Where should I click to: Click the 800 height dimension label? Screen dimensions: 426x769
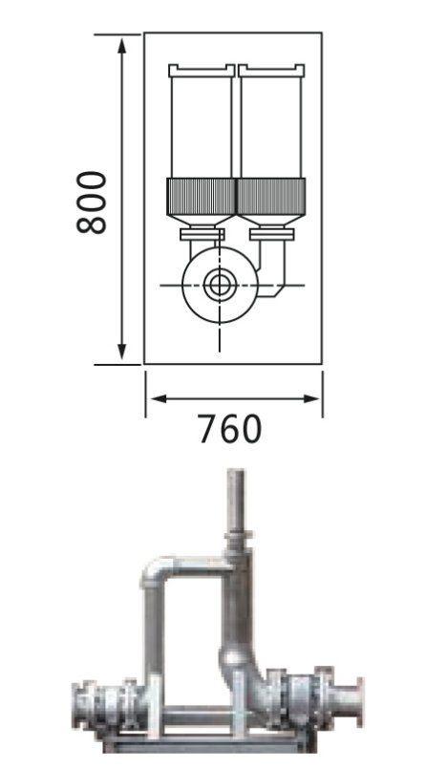click(92, 203)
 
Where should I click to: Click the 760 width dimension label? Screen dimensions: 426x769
click(230, 430)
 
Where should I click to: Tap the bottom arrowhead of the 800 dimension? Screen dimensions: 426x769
click(122, 352)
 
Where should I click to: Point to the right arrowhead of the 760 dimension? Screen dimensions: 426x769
click(310, 398)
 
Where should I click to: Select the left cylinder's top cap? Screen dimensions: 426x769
click(202, 71)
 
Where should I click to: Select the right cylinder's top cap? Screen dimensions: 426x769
click(271, 71)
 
